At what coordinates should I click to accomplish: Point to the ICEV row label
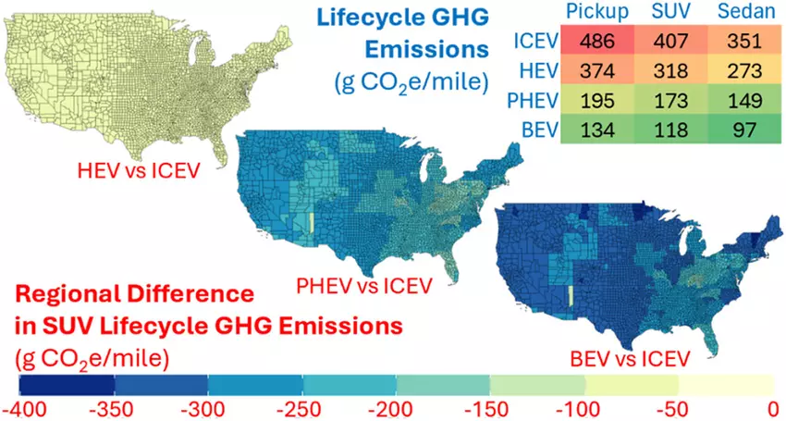pos(531,42)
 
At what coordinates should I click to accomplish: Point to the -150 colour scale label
pos(490,407)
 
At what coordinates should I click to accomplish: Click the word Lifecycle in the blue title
pos(383,19)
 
